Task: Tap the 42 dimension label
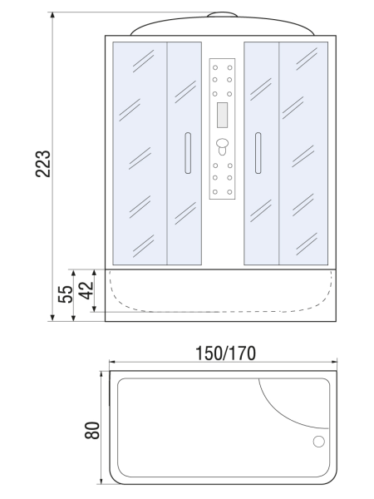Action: coord(83,291)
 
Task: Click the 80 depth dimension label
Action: coord(93,429)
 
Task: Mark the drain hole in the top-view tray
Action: coord(317,442)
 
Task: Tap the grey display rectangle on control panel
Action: coord(222,110)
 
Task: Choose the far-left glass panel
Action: coord(139,151)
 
